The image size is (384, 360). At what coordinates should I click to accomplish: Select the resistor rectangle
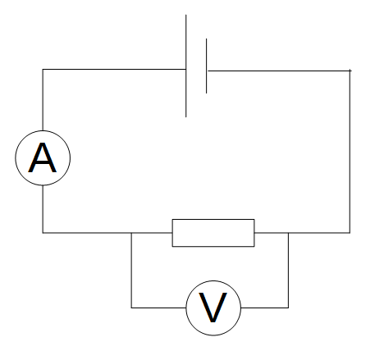pyautogui.click(x=213, y=233)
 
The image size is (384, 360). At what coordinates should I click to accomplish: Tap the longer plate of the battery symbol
pyautogui.click(x=186, y=66)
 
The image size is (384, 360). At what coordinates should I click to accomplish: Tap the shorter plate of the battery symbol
pyautogui.click(x=206, y=66)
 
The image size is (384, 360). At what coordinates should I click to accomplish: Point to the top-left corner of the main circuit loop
pyautogui.click(x=43, y=71)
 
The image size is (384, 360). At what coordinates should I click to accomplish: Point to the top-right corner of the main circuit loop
pyautogui.click(x=350, y=71)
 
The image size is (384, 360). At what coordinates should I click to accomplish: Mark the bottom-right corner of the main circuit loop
pyautogui.click(x=350, y=233)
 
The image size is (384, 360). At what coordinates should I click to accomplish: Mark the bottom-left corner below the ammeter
pyautogui.click(x=43, y=233)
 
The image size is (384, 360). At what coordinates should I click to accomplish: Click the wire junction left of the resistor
pyautogui.click(x=131, y=233)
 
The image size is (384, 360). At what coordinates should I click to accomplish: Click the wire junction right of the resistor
pyautogui.click(x=288, y=233)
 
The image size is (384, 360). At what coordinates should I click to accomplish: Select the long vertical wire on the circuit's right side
pyautogui.click(x=350, y=152)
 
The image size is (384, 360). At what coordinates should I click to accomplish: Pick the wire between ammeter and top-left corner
pyautogui.click(x=43, y=103)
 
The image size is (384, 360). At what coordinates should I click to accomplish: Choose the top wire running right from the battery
pyautogui.click(x=279, y=71)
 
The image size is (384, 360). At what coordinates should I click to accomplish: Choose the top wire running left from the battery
pyautogui.click(x=115, y=71)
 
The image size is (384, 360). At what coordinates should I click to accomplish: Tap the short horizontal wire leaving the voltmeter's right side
pyautogui.click(x=264, y=308)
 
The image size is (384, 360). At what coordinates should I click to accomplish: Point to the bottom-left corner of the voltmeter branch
pyautogui.click(x=131, y=308)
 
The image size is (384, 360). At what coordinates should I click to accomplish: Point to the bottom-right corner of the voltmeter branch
pyautogui.click(x=288, y=308)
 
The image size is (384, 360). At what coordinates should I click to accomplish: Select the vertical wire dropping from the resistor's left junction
pyautogui.click(x=131, y=271)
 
